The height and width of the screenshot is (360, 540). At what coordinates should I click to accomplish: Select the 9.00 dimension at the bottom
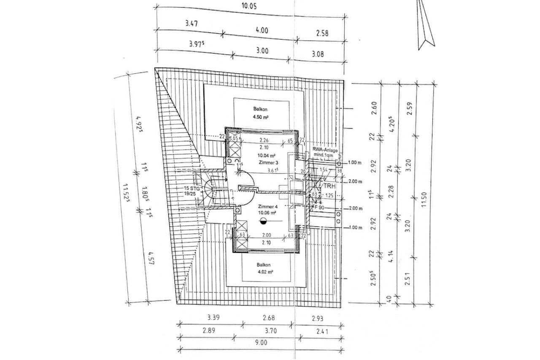tap(262, 343)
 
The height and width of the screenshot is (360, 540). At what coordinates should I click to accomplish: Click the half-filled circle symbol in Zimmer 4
tap(264, 222)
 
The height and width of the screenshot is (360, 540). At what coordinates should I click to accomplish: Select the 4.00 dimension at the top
tap(262, 30)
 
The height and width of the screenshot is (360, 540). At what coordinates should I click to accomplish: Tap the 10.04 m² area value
tap(264, 156)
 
